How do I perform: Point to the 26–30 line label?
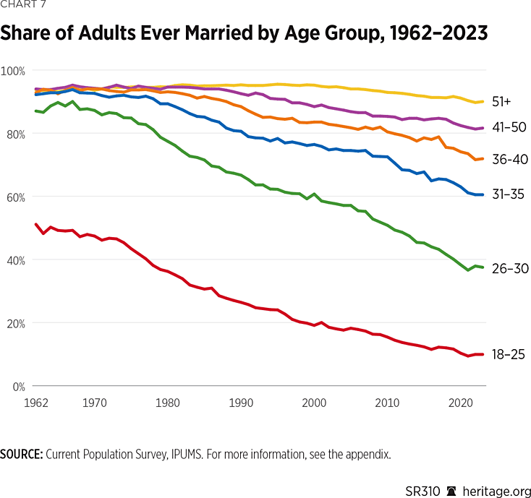[x=511, y=268]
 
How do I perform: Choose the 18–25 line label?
[x=511, y=354]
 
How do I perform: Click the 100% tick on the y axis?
[x=14, y=71]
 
